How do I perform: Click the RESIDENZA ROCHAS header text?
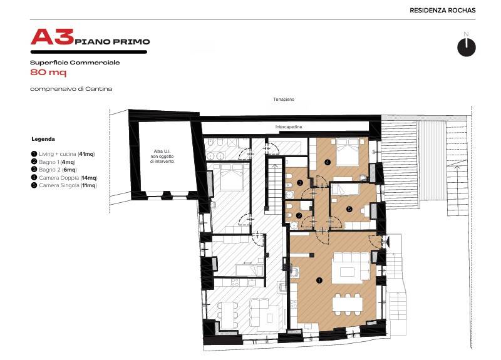(x=443, y=10)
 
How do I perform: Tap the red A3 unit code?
(x=53, y=37)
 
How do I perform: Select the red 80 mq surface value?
(x=48, y=72)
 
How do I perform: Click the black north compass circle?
(x=466, y=48)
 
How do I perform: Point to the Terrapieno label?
(x=284, y=100)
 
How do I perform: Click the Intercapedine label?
(x=289, y=127)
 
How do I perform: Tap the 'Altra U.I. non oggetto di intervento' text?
(x=162, y=156)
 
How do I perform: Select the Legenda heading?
(x=43, y=139)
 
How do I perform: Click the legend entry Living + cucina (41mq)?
(x=63, y=154)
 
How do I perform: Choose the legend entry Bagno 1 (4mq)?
(x=53, y=162)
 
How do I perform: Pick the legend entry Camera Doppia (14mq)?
(x=65, y=178)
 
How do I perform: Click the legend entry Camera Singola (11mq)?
(x=64, y=185)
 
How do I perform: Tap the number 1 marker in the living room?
(x=319, y=280)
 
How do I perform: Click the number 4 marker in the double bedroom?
(x=327, y=162)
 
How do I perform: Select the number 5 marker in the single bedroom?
(x=349, y=209)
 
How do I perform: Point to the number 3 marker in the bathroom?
(x=300, y=183)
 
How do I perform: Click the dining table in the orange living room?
(x=348, y=304)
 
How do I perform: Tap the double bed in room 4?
(x=348, y=152)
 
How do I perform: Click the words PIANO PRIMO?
(x=112, y=41)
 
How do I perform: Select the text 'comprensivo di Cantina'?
(x=71, y=89)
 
